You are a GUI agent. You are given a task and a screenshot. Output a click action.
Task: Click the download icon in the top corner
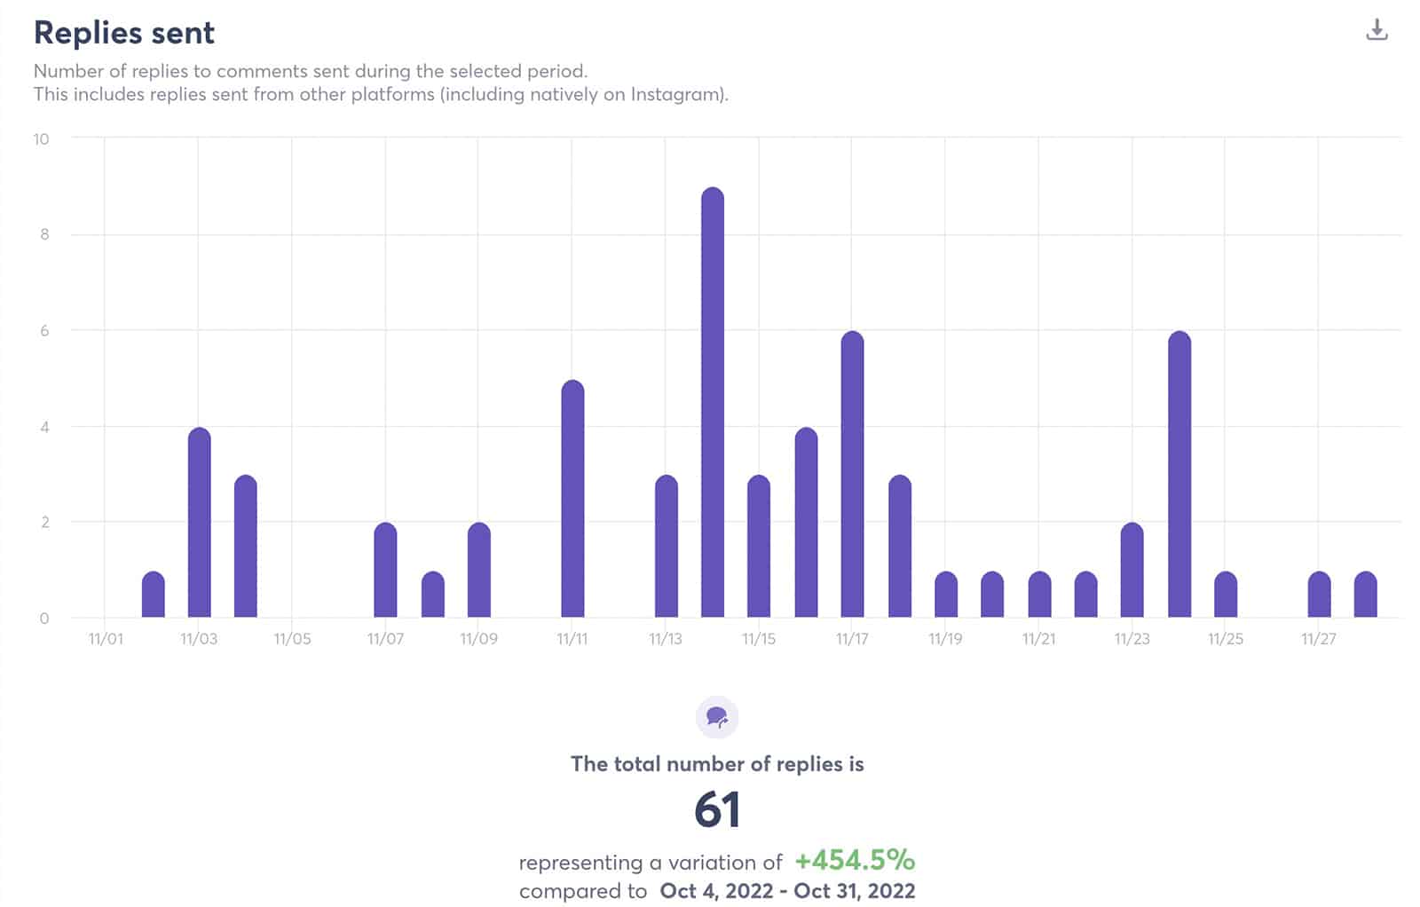[1376, 30]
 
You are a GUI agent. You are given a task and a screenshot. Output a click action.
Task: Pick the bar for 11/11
[573, 498]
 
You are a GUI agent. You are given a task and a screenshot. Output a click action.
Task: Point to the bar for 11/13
[667, 546]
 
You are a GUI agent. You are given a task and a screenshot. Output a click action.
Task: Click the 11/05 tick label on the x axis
[292, 639]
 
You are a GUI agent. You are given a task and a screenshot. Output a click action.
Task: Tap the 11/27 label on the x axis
[1318, 639]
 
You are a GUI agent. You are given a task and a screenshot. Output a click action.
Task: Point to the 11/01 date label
[106, 639]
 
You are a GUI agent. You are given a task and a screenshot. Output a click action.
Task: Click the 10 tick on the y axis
[41, 138]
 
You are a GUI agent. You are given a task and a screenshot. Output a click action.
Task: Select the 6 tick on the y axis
[44, 330]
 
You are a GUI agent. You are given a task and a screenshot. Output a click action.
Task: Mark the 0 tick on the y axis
[44, 618]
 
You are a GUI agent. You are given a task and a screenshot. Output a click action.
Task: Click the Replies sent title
[124, 33]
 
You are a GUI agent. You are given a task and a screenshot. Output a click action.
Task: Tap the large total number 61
[717, 809]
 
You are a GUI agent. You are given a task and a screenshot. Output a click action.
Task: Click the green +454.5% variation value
[854, 860]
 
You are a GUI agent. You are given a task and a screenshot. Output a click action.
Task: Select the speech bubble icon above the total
[717, 717]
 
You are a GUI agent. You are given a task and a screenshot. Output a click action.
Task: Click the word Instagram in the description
[675, 94]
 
